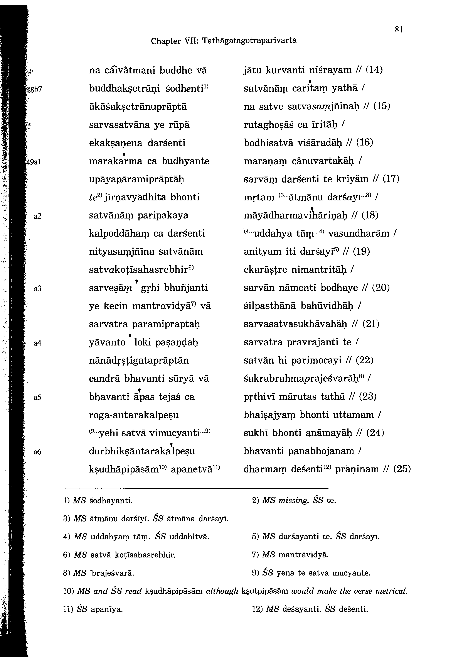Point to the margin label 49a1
coord(34,162)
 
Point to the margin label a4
coord(38,343)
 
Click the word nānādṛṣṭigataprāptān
coord(139,361)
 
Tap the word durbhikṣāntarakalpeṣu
coord(142,451)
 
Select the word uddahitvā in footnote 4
coord(189,537)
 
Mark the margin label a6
coord(38,452)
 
